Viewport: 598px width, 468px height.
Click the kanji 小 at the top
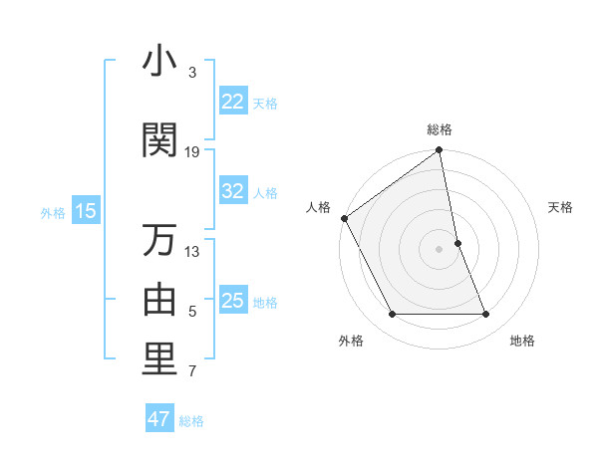click(159, 62)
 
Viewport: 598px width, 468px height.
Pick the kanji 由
click(159, 300)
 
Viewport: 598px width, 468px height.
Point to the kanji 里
click(159, 360)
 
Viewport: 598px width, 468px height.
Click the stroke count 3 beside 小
click(192, 73)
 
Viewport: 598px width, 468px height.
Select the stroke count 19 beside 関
click(192, 152)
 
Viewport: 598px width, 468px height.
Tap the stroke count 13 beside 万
click(192, 251)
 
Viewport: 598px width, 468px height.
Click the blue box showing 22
click(233, 102)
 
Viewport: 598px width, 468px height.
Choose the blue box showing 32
click(233, 191)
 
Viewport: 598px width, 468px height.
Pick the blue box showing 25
click(233, 301)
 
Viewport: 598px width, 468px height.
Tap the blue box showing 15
click(85, 211)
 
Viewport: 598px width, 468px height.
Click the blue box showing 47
click(159, 419)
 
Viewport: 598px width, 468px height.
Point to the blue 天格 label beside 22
click(265, 103)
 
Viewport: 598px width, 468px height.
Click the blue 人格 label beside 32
click(265, 192)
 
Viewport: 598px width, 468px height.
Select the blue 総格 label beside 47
click(191, 420)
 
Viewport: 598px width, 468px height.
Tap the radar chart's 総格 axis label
click(440, 130)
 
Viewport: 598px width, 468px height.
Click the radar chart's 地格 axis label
click(522, 341)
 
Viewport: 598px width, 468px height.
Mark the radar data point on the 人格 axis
click(345, 218)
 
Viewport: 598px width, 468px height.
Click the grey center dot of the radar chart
click(439, 248)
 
